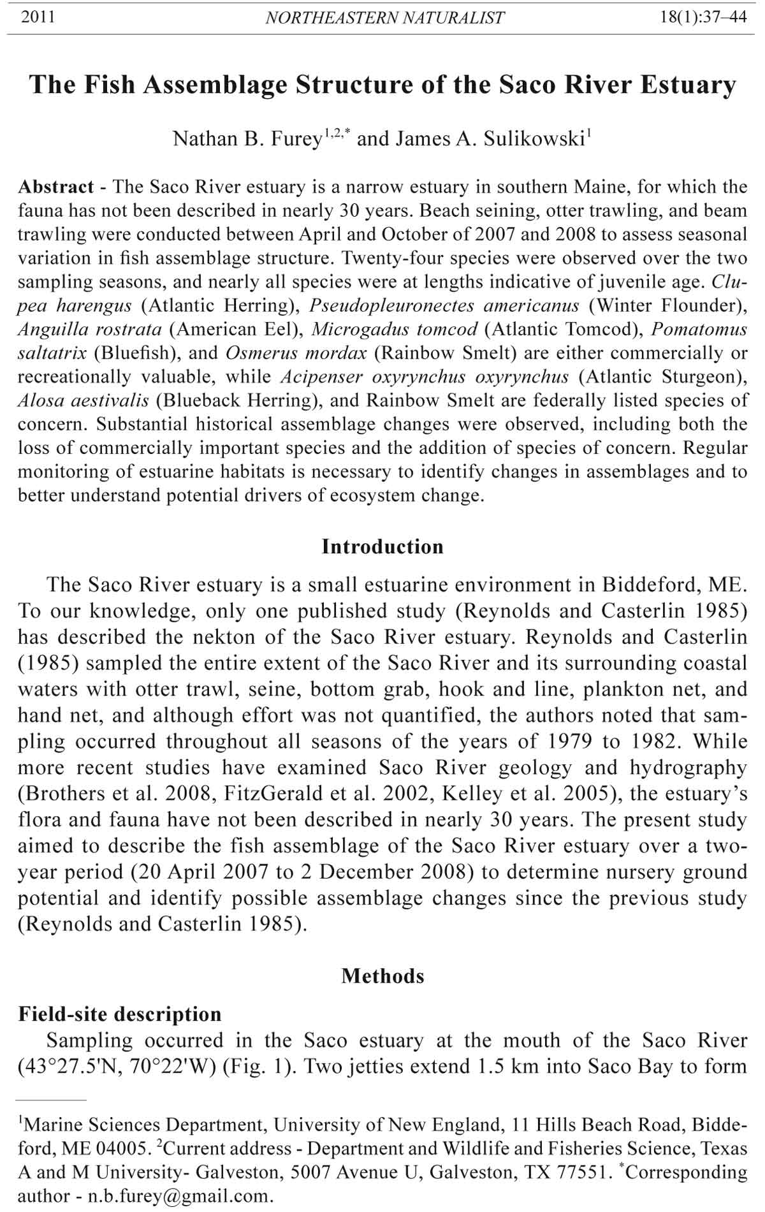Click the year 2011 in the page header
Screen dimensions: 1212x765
pyautogui.click(x=38, y=17)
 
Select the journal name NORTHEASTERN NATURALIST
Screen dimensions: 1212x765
pyautogui.click(x=384, y=18)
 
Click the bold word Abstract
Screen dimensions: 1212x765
pyautogui.click(x=56, y=187)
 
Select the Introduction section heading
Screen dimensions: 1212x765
pyautogui.click(x=382, y=546)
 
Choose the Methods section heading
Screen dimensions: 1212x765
pyautogui.click(x=382, y=975)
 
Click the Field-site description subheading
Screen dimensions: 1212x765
pyautogui.click(x=120, y=1014)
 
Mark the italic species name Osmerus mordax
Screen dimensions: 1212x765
pyautogui.click(x=296, y=353)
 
